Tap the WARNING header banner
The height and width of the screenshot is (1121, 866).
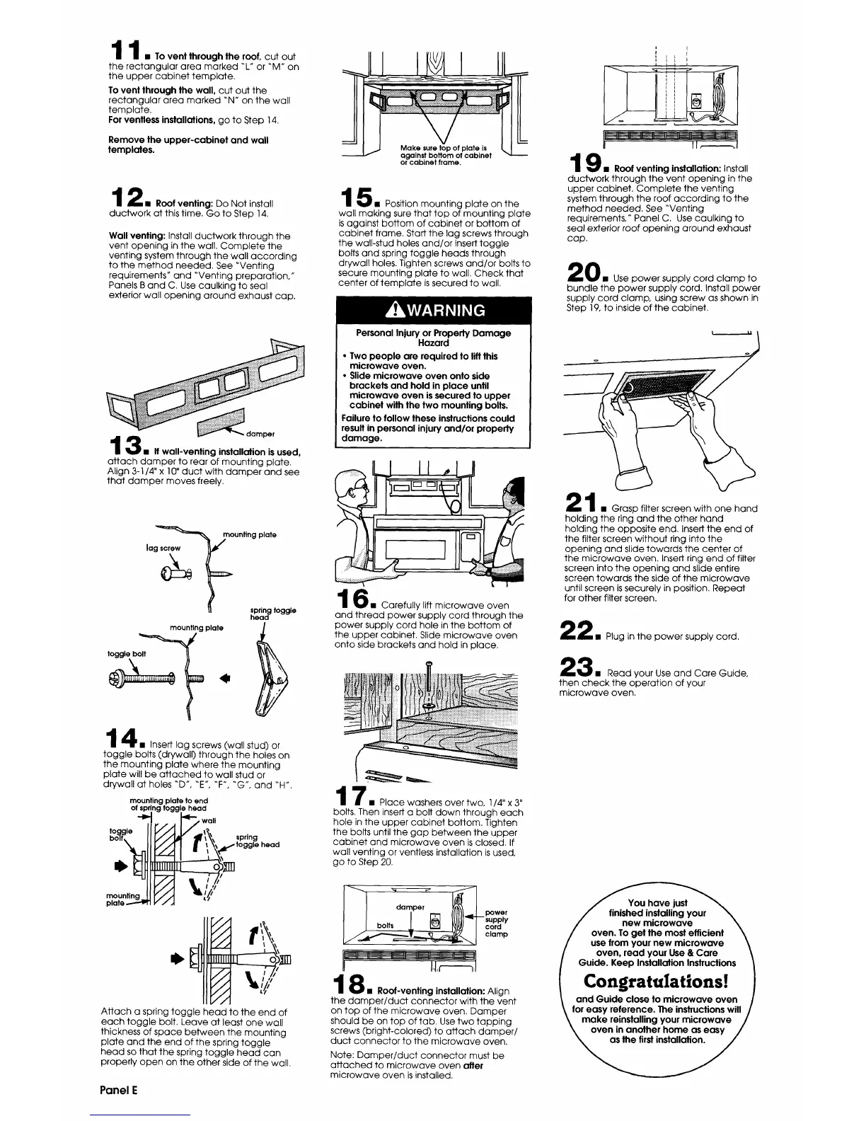point(433,310)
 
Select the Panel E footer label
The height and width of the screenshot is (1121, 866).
point(117,1090)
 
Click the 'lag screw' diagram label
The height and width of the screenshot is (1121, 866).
point(163,548)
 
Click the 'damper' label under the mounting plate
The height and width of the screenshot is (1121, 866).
point(261,433)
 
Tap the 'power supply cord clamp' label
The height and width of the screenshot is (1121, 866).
point(497,924)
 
